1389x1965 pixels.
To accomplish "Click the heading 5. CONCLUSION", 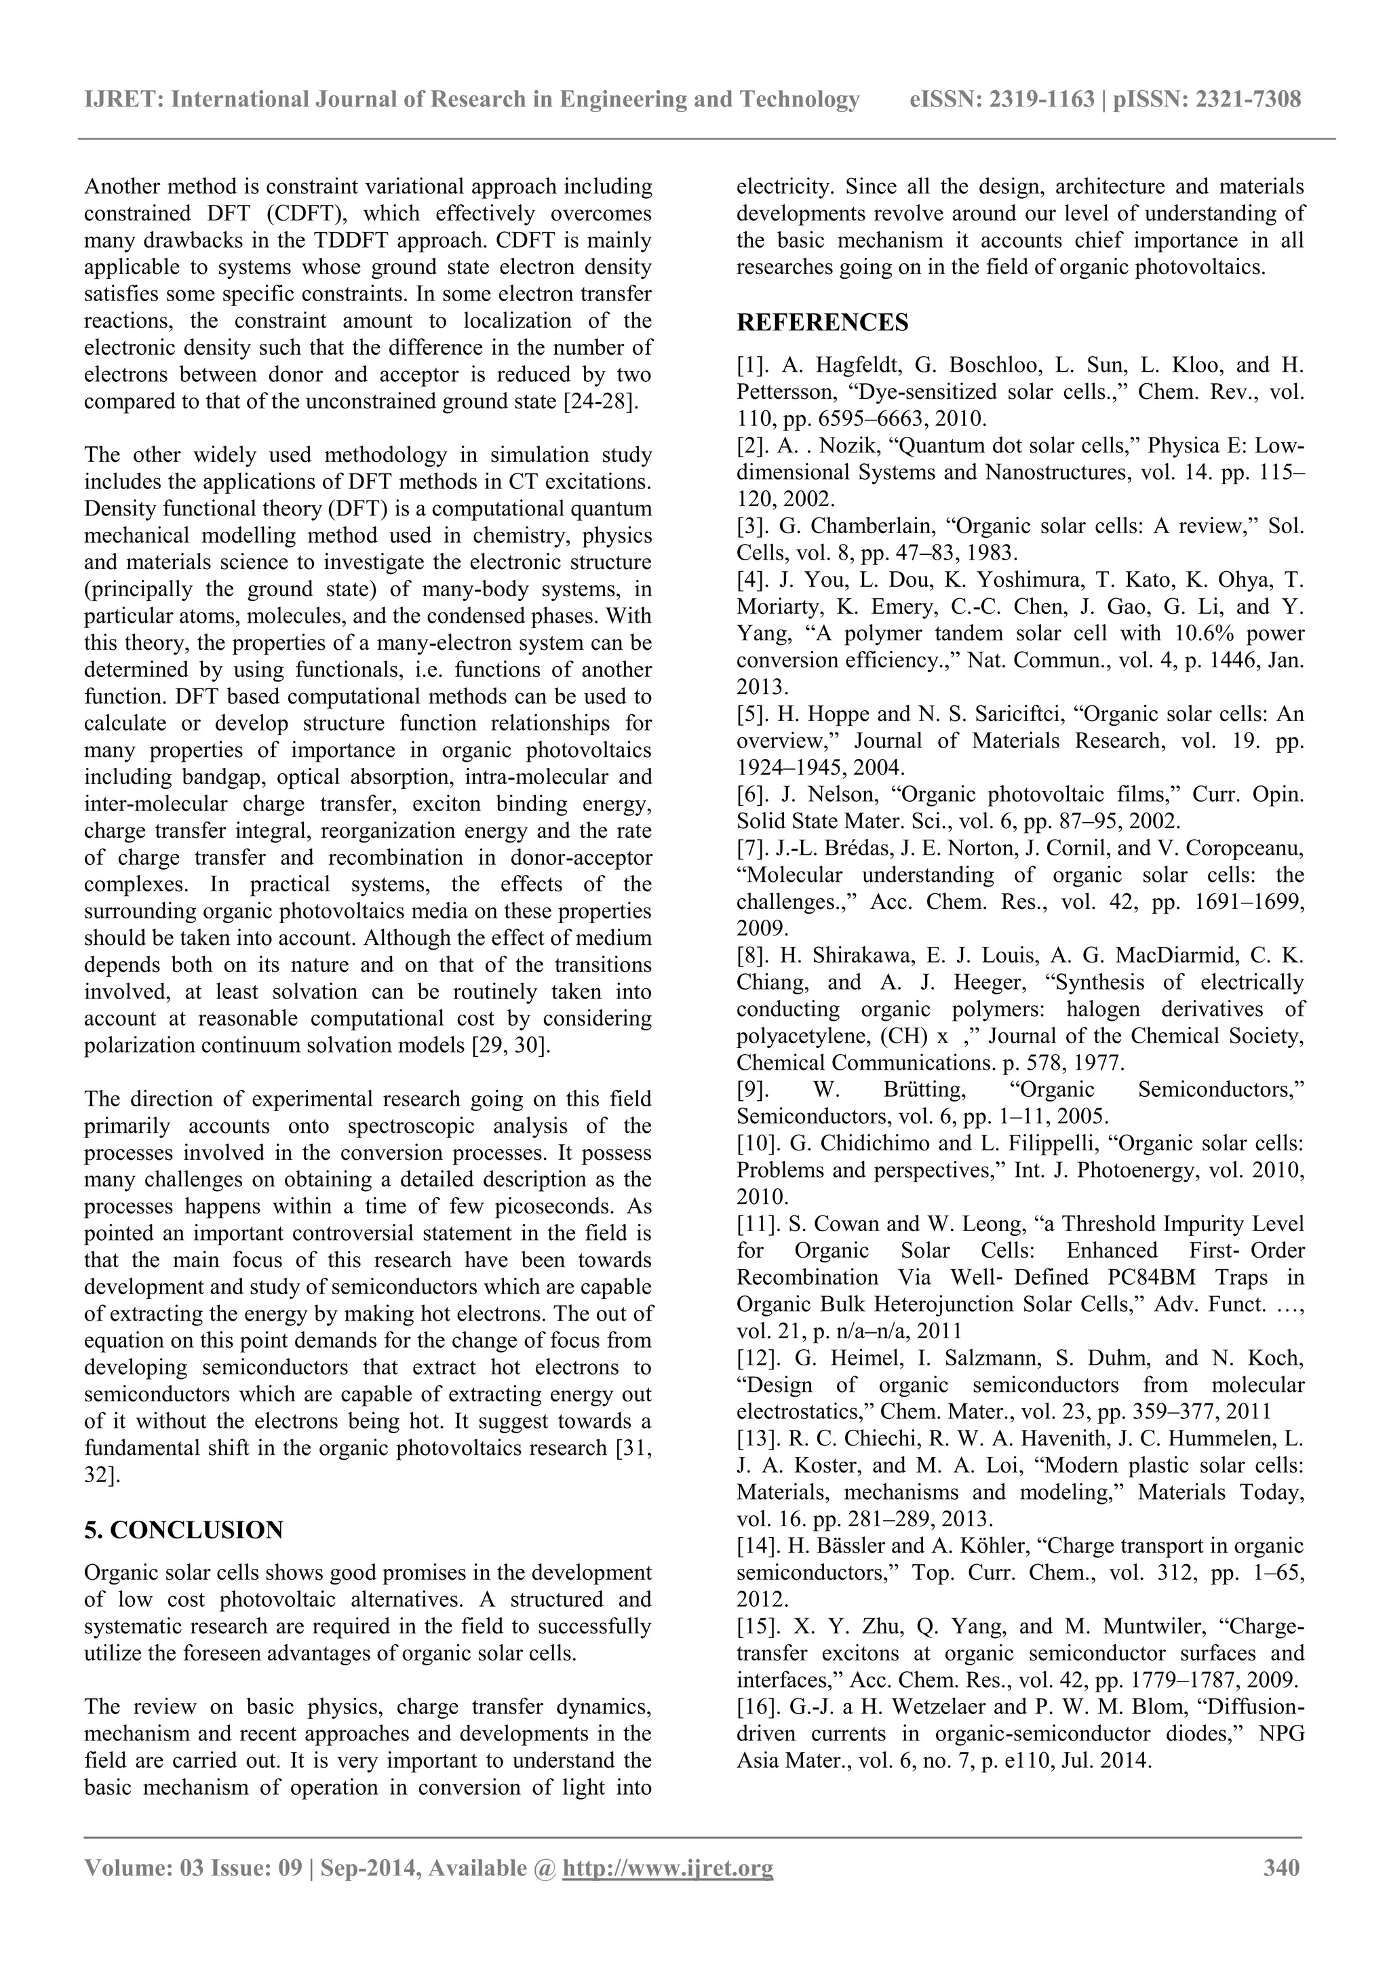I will click(183, 1530).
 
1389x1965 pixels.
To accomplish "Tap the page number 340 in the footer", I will click(1281, 1891).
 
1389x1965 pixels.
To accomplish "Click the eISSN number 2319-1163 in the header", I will click(1042, 100).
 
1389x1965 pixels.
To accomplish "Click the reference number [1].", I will click(753, 366).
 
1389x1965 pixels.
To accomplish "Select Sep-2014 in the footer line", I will click(370, 1891).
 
